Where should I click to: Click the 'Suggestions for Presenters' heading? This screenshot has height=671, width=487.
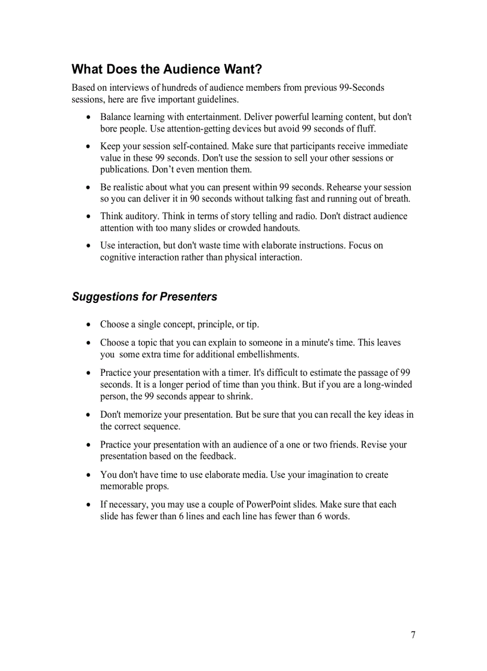click(144, 297)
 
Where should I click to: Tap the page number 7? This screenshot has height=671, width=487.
click(413, 635)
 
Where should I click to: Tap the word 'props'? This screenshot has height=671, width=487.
click(155, 486)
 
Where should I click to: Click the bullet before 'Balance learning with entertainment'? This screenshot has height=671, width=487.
click(89, 118)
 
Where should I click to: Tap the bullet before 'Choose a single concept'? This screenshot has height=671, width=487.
click(89, 325)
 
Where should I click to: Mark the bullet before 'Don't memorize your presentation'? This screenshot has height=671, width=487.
click(89, 415)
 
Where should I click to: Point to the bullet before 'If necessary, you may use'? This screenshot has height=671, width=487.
click(89, 505)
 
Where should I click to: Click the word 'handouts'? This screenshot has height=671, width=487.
click(281, 228)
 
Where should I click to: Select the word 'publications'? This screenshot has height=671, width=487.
click(125, 170)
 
